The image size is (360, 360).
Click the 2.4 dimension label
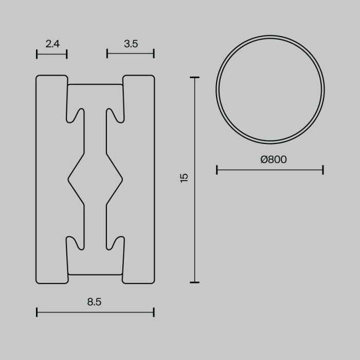(x=52, y=44)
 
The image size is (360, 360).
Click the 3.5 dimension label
(x=131, y=44)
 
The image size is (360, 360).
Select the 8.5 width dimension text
(x=94, y=302)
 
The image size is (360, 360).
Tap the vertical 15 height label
(x=185, y=178)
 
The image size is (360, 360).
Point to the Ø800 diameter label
(x=274, y=160)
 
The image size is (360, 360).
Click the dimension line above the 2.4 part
(x=52, y=53)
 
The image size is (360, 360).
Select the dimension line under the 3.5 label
(x=131, y=53)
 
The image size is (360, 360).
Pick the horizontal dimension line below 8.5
(x=95, y=312)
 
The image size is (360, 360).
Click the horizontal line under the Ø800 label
(x=269, y=170)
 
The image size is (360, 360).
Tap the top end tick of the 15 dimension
(x=194, y=78)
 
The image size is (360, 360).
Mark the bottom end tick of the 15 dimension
(x=194, y=282)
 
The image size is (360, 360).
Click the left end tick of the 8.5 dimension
(x=37, y=312)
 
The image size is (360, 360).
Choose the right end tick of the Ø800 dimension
(x=323, y=170)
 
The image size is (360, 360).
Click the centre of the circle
(x=270, y=89)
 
